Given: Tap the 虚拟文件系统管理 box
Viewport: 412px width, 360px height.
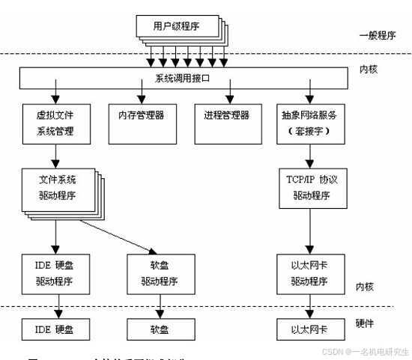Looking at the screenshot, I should pyautogui.click(x=56, y=123).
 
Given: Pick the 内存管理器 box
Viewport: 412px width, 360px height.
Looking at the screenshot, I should pyautogui.click(x=141, y=118).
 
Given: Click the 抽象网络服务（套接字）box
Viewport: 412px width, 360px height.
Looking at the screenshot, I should pyautogui.click(x=309, y=123).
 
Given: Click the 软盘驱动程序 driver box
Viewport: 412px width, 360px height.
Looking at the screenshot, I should pyautogui.click(x=159, y=273).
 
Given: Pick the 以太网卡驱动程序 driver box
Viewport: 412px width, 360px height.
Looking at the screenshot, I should pyautogui.click(x=309, y=273).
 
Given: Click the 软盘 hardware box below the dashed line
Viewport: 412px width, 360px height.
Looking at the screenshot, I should pyautogui.click(x=159, y=328).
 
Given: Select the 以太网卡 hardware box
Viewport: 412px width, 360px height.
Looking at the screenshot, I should pyautogui.click(x=309, y=328).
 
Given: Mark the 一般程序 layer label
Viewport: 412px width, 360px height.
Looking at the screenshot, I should pyautogui.click(x=380, y=35).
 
